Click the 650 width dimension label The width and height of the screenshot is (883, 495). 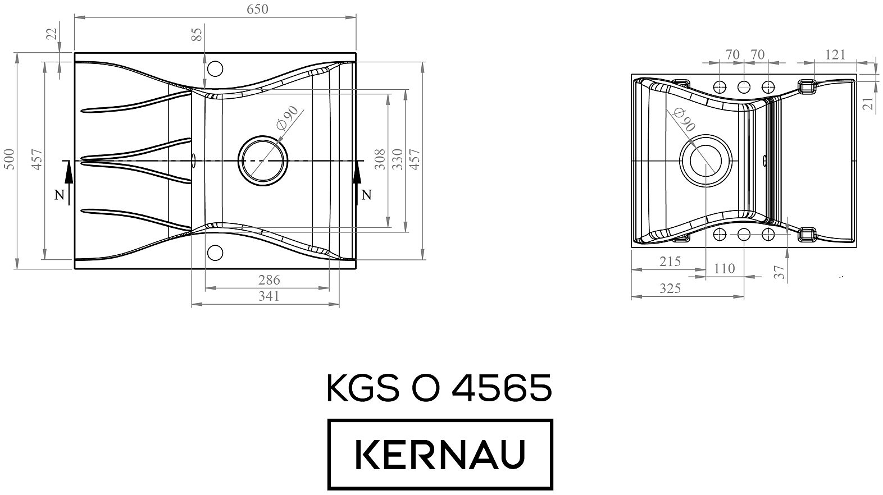(257, 9)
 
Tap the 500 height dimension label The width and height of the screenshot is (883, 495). (10, 159)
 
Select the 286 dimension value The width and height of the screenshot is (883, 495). (269, 280)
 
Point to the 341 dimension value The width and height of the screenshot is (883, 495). (269, 296)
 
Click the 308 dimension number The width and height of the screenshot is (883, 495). (380, 159)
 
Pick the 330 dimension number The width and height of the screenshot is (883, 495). (397, 159)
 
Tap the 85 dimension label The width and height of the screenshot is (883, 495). (197, 34)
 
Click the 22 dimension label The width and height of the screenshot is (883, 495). (52, 34)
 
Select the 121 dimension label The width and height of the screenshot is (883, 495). (835, 55)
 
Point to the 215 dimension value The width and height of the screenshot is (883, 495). (670, 262)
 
